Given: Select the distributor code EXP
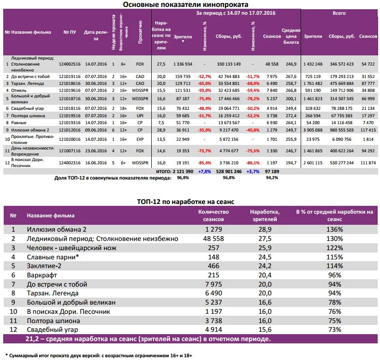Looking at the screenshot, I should click(x=140, y=138).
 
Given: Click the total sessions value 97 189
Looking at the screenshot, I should click(x=272, y=171).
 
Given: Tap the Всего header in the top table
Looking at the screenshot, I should click(x=339, y=13).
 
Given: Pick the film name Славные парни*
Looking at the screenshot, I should click(x=52, y=257).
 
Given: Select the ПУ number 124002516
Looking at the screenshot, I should click(x=70, y=64).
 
